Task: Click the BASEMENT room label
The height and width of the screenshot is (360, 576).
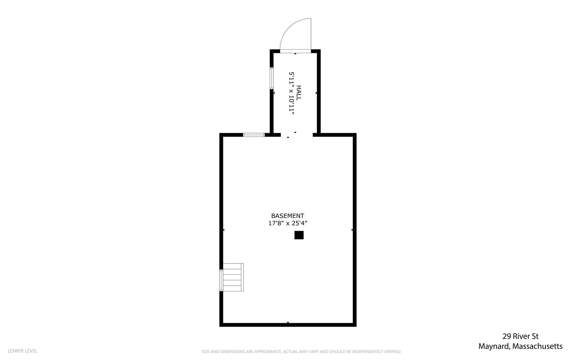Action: click(x=287, y=216)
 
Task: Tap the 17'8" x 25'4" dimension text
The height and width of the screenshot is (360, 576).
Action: click(x=287, y=223)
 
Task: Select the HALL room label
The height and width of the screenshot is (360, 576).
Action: click(x=299, y=93)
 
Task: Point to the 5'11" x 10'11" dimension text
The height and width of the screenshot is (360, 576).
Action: click(x=292, y=93)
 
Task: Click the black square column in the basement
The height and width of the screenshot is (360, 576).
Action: click(x=299, y=235)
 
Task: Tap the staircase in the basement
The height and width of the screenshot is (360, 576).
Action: click(x=233, y=277)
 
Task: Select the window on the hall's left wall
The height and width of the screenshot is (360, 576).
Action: click(x=272, y=78)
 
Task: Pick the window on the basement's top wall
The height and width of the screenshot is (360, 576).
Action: click(x=254, y=135)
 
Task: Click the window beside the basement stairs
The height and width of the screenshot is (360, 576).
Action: click(x=221, y=280)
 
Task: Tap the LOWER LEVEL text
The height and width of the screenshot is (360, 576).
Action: click(x=22, y=351)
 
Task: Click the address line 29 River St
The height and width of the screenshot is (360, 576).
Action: click(x=521, y=336)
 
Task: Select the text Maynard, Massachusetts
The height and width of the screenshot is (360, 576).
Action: click(x=521, y=346)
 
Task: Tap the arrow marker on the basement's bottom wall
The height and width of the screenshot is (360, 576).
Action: click(x=288, y=323)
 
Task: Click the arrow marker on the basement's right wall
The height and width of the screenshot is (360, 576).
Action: click(x=352, y=230)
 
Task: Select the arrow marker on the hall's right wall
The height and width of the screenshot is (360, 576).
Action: click(x=316, y=93)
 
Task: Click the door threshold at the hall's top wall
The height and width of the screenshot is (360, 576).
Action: click(x=295, y=51)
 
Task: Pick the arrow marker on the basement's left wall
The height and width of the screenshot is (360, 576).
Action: click(x=224, y=230)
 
